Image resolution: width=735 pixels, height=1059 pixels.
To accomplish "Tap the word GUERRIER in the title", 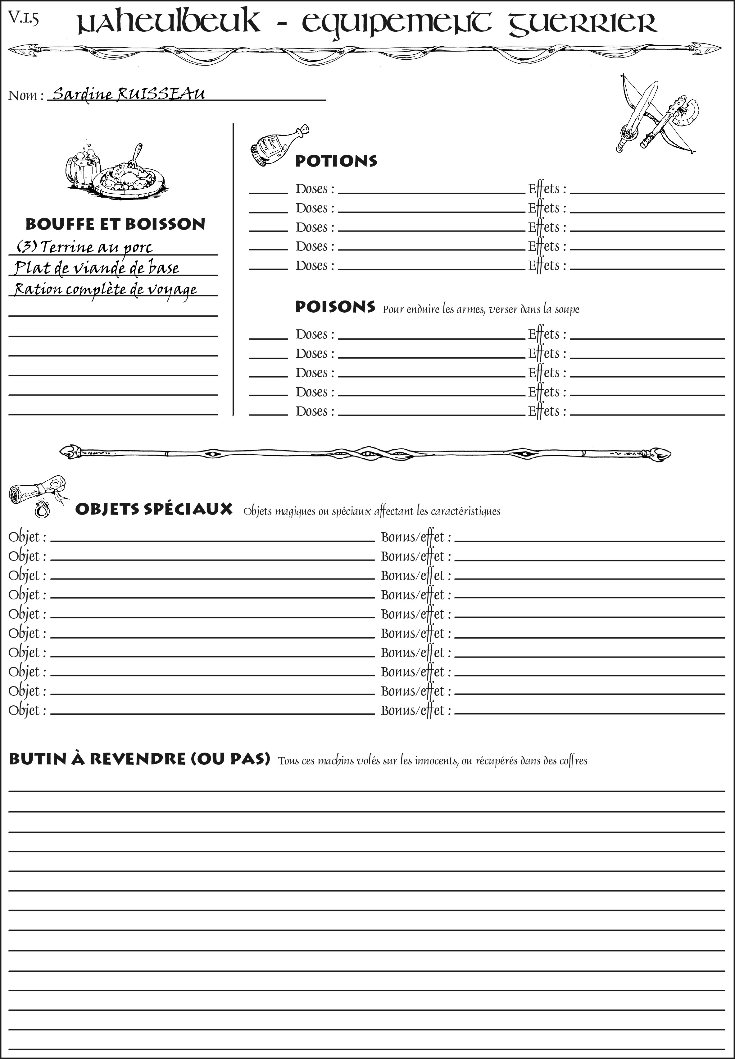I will click(x=583, y=24).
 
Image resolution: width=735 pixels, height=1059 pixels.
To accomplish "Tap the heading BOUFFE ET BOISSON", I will click(x=115, y=224).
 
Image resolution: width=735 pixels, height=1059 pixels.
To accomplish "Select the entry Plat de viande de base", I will click(x=97, y=268).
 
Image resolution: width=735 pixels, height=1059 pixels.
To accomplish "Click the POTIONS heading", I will click(x=336, y=161).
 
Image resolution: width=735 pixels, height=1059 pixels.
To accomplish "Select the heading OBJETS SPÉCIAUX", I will click(x=153, y=509).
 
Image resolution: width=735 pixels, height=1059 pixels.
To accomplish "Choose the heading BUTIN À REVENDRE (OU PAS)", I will click(x=139, y=759).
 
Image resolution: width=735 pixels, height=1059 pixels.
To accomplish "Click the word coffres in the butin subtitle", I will click(x=573, y=761).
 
